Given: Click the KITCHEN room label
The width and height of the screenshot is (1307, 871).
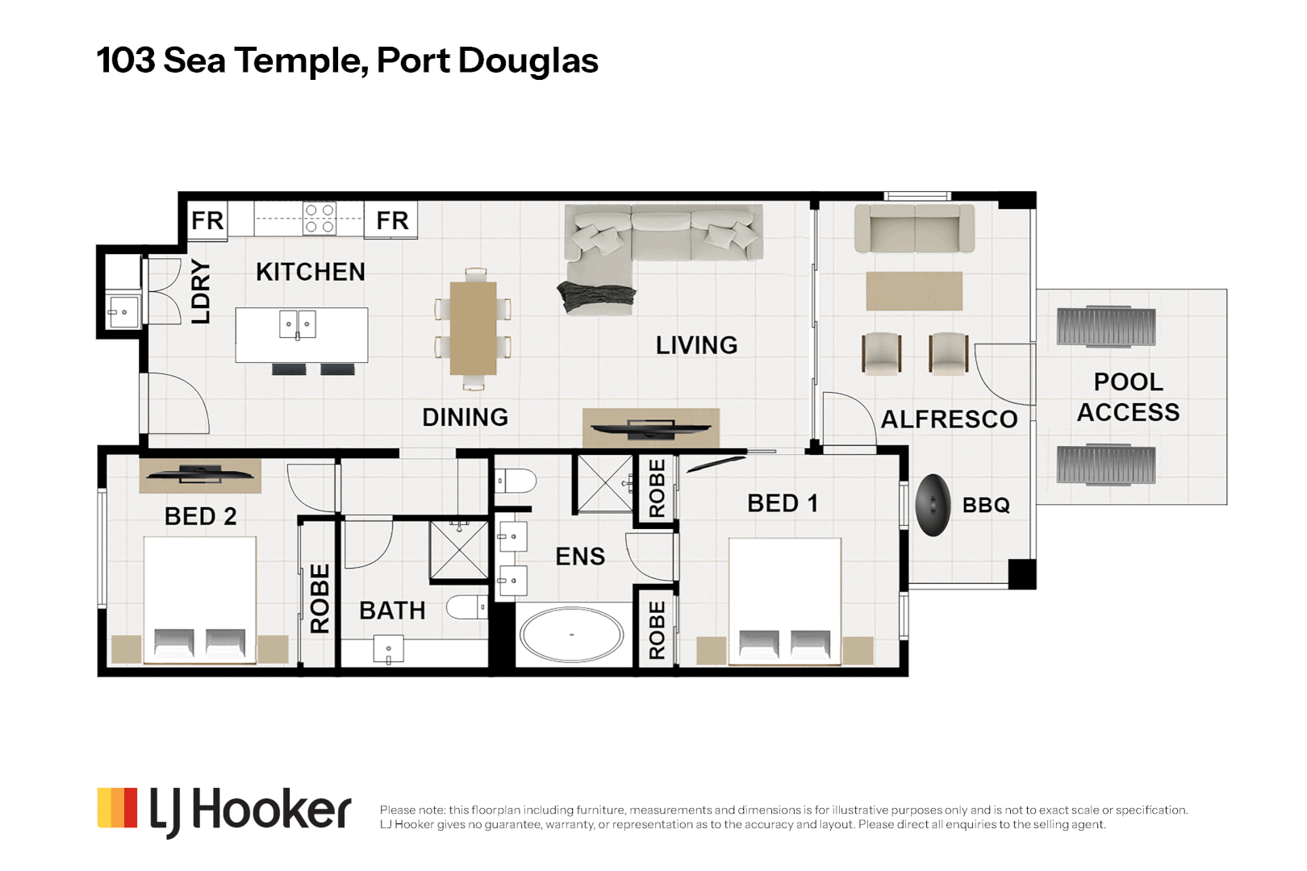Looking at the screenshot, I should tap(310, 272).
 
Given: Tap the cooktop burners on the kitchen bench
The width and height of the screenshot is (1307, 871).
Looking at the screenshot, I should tap(319, 219).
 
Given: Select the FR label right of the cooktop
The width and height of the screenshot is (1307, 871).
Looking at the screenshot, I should tap(392, 220).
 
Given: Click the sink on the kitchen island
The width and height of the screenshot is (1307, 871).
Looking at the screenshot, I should tap(298, 324).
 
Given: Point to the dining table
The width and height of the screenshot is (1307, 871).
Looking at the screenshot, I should tap(473, 328).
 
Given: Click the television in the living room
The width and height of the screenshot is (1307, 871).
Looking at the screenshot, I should tap(650, 428).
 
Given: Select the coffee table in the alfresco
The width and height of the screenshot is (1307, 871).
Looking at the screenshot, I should tap(914, 290).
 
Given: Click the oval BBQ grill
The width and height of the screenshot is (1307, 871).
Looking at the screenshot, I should tap(933, 506).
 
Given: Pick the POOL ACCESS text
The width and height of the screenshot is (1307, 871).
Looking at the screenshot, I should tap(1128, 397).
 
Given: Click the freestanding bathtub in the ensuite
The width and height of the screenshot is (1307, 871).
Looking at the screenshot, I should tap(571, 635).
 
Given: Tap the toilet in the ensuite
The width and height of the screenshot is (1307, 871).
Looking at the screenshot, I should tap(515, 481).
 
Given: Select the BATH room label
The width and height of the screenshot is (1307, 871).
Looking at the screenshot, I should tap(392, 611).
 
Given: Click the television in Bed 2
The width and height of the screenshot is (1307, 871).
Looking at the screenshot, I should tap(200, 474).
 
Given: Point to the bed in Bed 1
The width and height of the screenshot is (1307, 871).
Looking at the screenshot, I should tap(784, 601).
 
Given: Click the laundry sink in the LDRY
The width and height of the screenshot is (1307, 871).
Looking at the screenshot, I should tap(123, 312).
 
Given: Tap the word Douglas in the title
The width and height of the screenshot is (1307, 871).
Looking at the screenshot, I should tap(528, 61).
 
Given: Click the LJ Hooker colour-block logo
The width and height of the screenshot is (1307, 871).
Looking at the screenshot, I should tap(117, 808).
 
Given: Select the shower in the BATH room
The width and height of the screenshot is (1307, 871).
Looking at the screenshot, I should tap(459, 551).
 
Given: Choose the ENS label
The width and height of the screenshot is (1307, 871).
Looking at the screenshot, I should tap(579, 556).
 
